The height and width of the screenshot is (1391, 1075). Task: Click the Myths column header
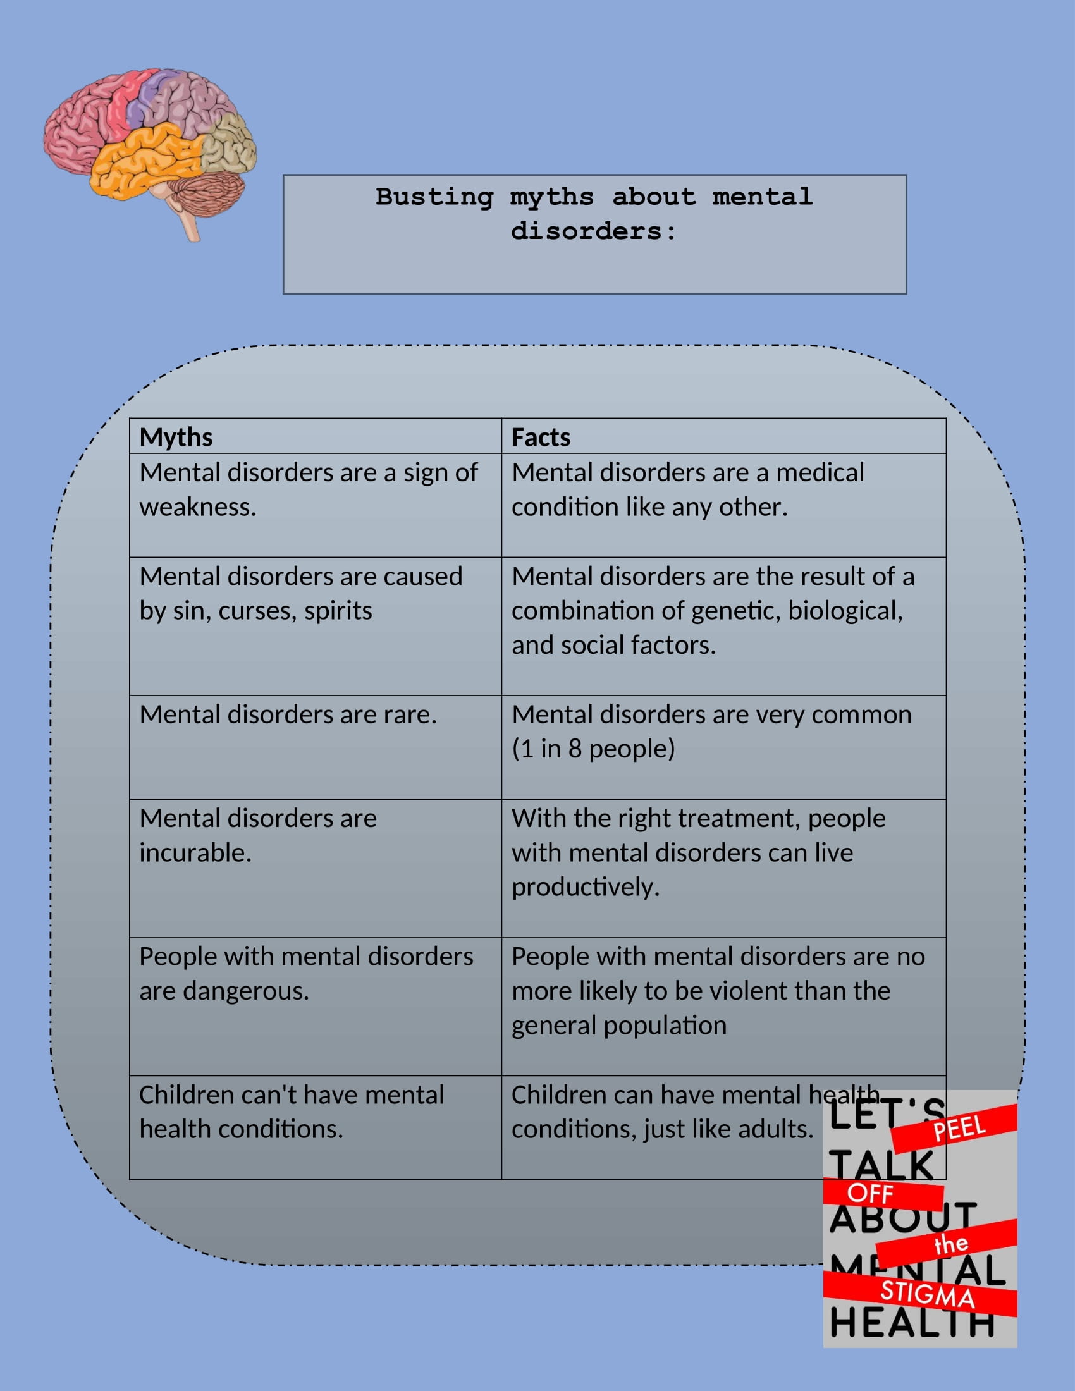(x=176, y=437)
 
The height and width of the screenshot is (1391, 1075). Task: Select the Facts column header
(x=541, y=437)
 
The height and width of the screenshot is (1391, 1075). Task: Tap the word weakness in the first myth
(x=197, y=507)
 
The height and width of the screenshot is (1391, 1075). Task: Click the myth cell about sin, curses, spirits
(x=316, y=626)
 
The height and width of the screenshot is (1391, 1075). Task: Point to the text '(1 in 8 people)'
(x=593, y=749)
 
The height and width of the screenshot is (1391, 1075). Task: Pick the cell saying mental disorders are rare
(x=316, y=747)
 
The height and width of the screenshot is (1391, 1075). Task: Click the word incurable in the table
(x=195, y=852)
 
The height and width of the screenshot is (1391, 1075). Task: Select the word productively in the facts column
(x=586, y=887)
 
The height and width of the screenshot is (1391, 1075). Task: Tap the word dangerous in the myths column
(x=245, y=991)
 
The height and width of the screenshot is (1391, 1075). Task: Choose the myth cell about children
(x=316, y=1127)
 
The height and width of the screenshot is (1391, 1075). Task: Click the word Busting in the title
(x=434, y=197)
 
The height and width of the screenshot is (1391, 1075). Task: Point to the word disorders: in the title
(x=594, y=231)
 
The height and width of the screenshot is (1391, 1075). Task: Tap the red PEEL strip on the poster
(x=954, y=1129)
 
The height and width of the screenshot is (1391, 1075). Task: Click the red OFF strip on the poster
(x=883, y=1194)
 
